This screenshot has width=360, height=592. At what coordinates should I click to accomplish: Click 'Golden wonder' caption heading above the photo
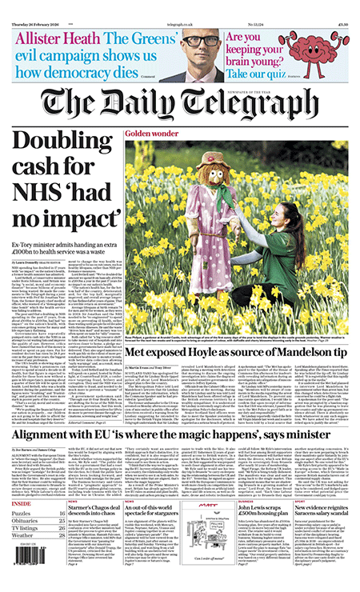152,132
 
